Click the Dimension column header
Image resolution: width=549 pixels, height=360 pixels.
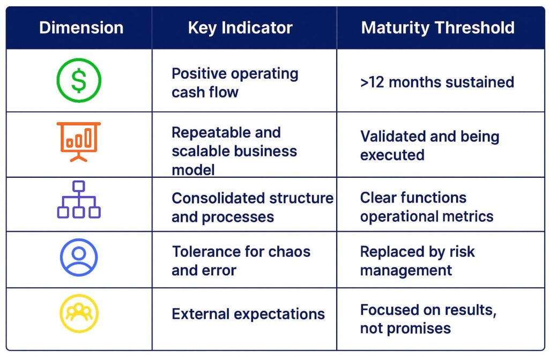[x=81, y=28]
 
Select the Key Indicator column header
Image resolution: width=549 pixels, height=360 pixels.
[x=240, y=28]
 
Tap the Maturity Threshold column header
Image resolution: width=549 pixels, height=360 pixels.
[x=437, y=28]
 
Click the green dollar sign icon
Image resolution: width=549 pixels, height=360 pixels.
[x=79, y=80]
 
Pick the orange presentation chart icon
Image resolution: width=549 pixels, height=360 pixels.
[x=79, y=141]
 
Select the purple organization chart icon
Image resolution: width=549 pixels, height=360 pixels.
[x=79, y=200]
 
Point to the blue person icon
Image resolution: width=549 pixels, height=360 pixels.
[x=79, y=258]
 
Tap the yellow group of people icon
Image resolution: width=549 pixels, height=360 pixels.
[x=79, y=314]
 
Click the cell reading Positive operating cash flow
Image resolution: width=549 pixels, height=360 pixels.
[x=235, y=82]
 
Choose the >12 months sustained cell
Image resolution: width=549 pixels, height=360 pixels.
[x=437, y=82]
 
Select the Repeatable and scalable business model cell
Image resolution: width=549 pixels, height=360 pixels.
[x=234, y=151]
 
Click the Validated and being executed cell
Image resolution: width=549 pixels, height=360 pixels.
[x=429, y=145]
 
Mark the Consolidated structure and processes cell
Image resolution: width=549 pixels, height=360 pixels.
[x=252, y=207]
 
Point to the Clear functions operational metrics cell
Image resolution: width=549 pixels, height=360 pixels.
[x=426, y=207]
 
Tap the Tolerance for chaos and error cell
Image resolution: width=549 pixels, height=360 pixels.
[x=241, y=261]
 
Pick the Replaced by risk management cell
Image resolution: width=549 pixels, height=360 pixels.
[x=417, y=261]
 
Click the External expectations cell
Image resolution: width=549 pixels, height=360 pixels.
[x=248, y=314]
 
